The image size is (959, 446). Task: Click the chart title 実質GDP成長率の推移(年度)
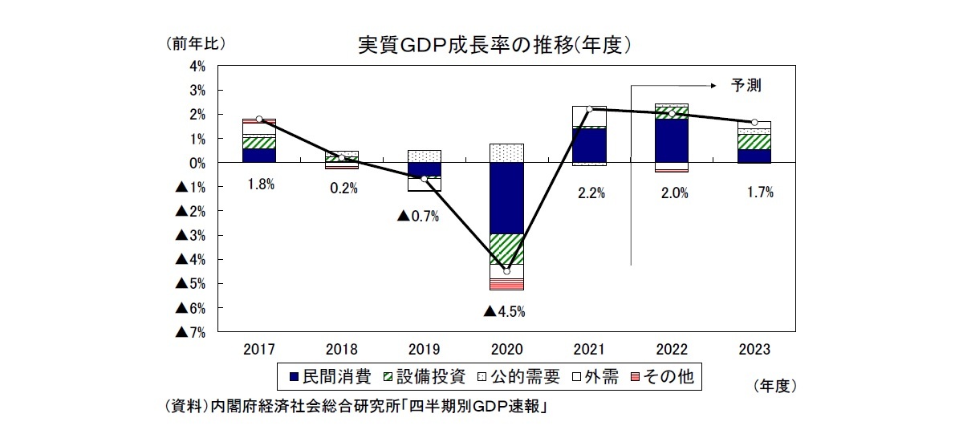[492, 44]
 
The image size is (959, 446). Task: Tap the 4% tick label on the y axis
[197, 66]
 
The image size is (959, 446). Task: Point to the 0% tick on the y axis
[197, 163]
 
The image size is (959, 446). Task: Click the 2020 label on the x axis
[506, 350]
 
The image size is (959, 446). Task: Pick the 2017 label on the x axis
[258, 350]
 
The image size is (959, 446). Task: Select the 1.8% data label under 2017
[260, 184]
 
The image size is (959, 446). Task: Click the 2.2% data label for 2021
[589, 193]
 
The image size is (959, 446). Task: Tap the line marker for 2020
[506, 271]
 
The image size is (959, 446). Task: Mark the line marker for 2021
[589, 109]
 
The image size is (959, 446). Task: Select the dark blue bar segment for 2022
[671, 140]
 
